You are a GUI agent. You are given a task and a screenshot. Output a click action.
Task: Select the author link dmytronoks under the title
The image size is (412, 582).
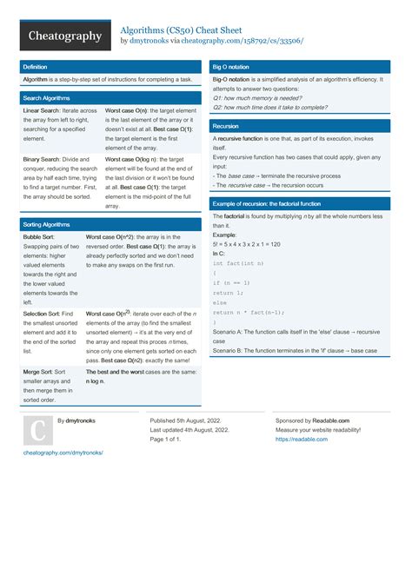(149, 41)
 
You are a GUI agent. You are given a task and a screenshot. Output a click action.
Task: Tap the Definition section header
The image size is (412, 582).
(36, 66)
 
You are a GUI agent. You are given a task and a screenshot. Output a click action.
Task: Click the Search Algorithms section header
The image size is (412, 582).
(46, 98)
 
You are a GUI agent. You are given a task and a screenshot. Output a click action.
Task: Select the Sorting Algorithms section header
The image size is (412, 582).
(46, 224)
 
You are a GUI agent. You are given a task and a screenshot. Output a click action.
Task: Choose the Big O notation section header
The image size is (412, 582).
(230, 66)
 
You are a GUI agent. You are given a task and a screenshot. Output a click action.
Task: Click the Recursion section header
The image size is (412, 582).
(226, 126)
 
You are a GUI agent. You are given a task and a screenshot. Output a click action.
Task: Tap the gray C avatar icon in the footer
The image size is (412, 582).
(37, 432)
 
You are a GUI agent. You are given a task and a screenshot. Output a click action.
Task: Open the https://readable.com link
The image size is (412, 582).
(302, 440)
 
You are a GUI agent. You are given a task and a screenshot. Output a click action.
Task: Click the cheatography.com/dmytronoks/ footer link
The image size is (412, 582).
(63, 453)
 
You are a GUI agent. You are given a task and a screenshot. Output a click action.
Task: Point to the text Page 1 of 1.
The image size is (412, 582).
(165, 440)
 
